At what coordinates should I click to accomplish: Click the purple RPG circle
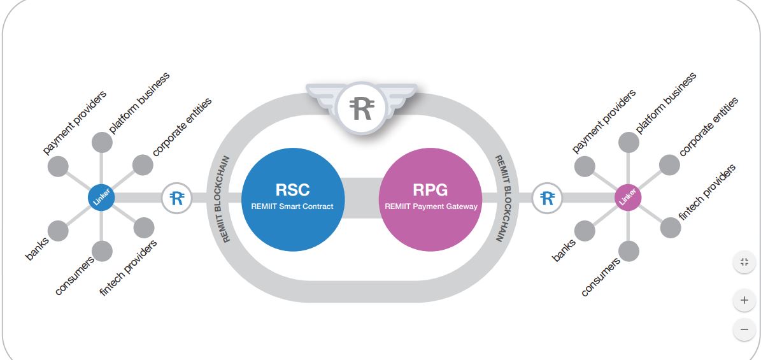[430, 198]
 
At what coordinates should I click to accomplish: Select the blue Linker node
[101, 198]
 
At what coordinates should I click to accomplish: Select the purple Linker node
[628, 198]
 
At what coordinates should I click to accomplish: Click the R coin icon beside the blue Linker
[177, 198]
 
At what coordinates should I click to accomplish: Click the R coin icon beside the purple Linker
[547, 198]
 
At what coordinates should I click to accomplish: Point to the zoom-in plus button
[744, 299]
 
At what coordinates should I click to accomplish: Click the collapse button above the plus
[744, 263]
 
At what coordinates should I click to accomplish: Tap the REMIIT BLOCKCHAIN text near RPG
[499, 198]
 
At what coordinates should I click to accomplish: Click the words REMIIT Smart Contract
[292, 206]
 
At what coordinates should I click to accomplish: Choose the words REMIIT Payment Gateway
[430, 206]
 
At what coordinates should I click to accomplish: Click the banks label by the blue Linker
[37, 248]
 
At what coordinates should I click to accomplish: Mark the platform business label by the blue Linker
[139, 102]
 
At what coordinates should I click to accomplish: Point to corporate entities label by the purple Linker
[709, 127]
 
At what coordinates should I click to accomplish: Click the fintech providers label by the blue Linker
[129, 268]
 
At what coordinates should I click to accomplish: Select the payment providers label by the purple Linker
[604, 122]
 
